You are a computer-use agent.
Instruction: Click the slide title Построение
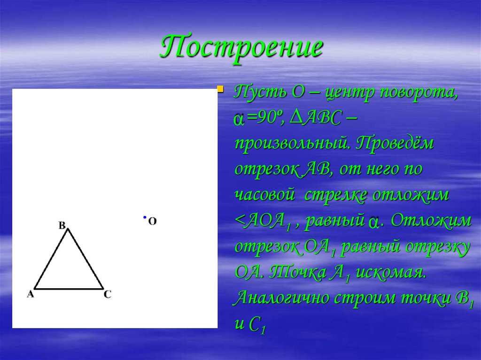241,47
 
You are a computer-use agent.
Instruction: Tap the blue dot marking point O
145,217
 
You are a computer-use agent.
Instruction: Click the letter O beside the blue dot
152,221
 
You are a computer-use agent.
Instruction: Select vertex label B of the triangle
62,225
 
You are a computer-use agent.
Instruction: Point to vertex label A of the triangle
31,294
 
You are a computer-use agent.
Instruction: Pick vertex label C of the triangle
108,294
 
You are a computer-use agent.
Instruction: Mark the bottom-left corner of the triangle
35,288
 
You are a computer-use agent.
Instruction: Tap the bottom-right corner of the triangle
103,288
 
